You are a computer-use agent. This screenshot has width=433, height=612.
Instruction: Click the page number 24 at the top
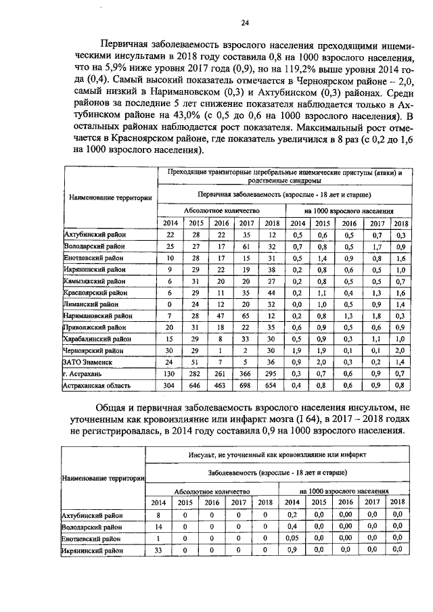tap(244, 23)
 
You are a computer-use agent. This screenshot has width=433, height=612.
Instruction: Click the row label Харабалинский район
tap(96, 337)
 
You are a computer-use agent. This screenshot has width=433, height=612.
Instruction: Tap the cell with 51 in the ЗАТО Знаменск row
tap(196, 360)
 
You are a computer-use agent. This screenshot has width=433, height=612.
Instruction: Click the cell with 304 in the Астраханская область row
tap(170, 385)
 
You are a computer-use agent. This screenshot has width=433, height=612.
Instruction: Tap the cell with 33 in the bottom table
tap(158, 550)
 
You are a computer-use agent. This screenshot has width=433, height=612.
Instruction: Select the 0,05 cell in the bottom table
tap(292, 538)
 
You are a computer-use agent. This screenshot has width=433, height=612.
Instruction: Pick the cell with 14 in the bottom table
tap(158, 526)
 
